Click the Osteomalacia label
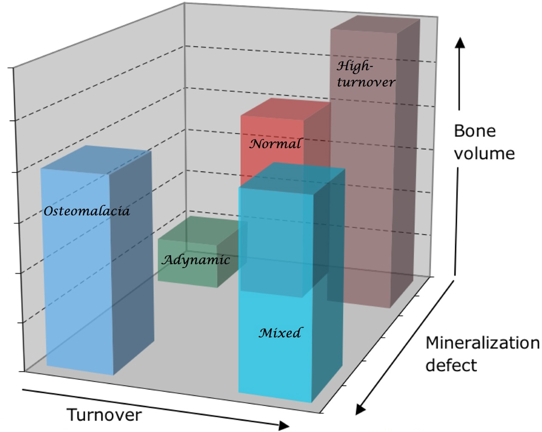[87, 211]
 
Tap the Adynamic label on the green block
[196, 260]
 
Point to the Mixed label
[280, 333]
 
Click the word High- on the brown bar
[354, 67]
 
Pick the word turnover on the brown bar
[366, 82]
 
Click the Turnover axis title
[104, 415]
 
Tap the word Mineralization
[483, 343]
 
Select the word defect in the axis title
[451, 365]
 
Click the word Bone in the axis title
[475, 131]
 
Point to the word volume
[484, 154]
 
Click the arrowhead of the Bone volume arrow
[459, 43]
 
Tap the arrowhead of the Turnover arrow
[284, 426]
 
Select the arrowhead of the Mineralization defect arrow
[360, 410]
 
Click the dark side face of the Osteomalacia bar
[132, 260]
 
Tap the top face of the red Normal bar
[284, 109]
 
